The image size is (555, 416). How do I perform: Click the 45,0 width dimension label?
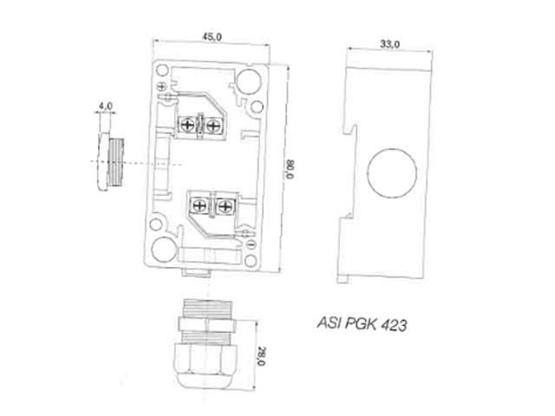(x=212, y=36)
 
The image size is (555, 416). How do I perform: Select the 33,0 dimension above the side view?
(x=390, y=43)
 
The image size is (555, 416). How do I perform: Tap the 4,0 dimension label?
(x=106, y=106)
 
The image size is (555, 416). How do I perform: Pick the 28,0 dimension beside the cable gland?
(x=258, y=355)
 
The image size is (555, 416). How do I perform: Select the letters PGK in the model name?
(x=359, y=327)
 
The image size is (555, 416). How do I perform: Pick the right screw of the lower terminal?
(x=225, y=206)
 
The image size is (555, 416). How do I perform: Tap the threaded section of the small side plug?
(x=117, y=162)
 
